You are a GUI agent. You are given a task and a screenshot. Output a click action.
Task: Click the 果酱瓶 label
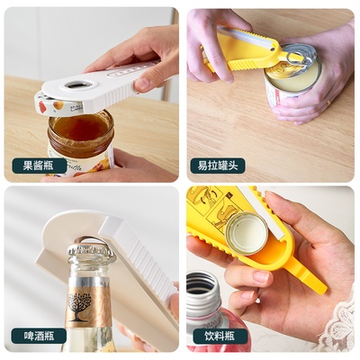pyautogui.click(x=38, y=166)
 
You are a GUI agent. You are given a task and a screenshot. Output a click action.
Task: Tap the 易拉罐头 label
pyautogui.click(x=217, y=166)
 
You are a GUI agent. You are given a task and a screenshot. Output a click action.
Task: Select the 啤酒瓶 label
pyautogui.click(x=38, y=336)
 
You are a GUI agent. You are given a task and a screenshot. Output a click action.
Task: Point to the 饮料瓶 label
pyautogui.click(x=217, y=336)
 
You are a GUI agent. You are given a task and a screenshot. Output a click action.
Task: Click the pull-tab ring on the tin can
pyautogui.click(x=292, y=58)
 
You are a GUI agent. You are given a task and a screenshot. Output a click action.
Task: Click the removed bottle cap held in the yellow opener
pyautogui.click(x=247, y=230)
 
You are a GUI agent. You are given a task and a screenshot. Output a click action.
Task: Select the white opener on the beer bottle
pyautogui.click(x=135, y=261)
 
